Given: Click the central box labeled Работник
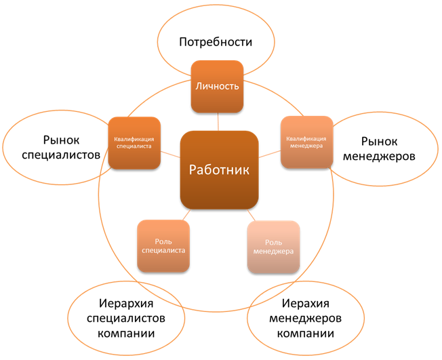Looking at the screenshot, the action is click(220, 170).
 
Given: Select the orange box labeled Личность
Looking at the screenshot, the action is click(217, 87).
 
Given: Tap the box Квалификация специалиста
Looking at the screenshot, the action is click(134, 143).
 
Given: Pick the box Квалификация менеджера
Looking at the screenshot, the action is click(306, 142).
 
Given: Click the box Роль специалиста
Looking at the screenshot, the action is click(163, 246).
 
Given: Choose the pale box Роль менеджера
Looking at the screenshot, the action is click(273, 247).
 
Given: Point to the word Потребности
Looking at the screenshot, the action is click(216, 42).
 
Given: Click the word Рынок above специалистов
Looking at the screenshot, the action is click(61, 140).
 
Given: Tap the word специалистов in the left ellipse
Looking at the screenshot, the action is click(61, 155).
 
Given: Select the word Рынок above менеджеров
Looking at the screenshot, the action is click(379, 142).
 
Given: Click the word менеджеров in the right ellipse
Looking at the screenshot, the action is click(379, 156).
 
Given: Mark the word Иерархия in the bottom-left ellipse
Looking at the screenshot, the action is click(126, 304).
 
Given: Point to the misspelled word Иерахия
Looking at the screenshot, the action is click(306, 304).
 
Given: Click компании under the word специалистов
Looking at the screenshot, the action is click(126, 333).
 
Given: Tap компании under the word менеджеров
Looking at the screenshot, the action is click(306, 333).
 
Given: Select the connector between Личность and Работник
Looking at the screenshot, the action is click(218, 122).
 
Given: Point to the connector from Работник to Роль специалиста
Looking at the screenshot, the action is click(186, 215).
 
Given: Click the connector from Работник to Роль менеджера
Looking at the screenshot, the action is click(251, 216).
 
